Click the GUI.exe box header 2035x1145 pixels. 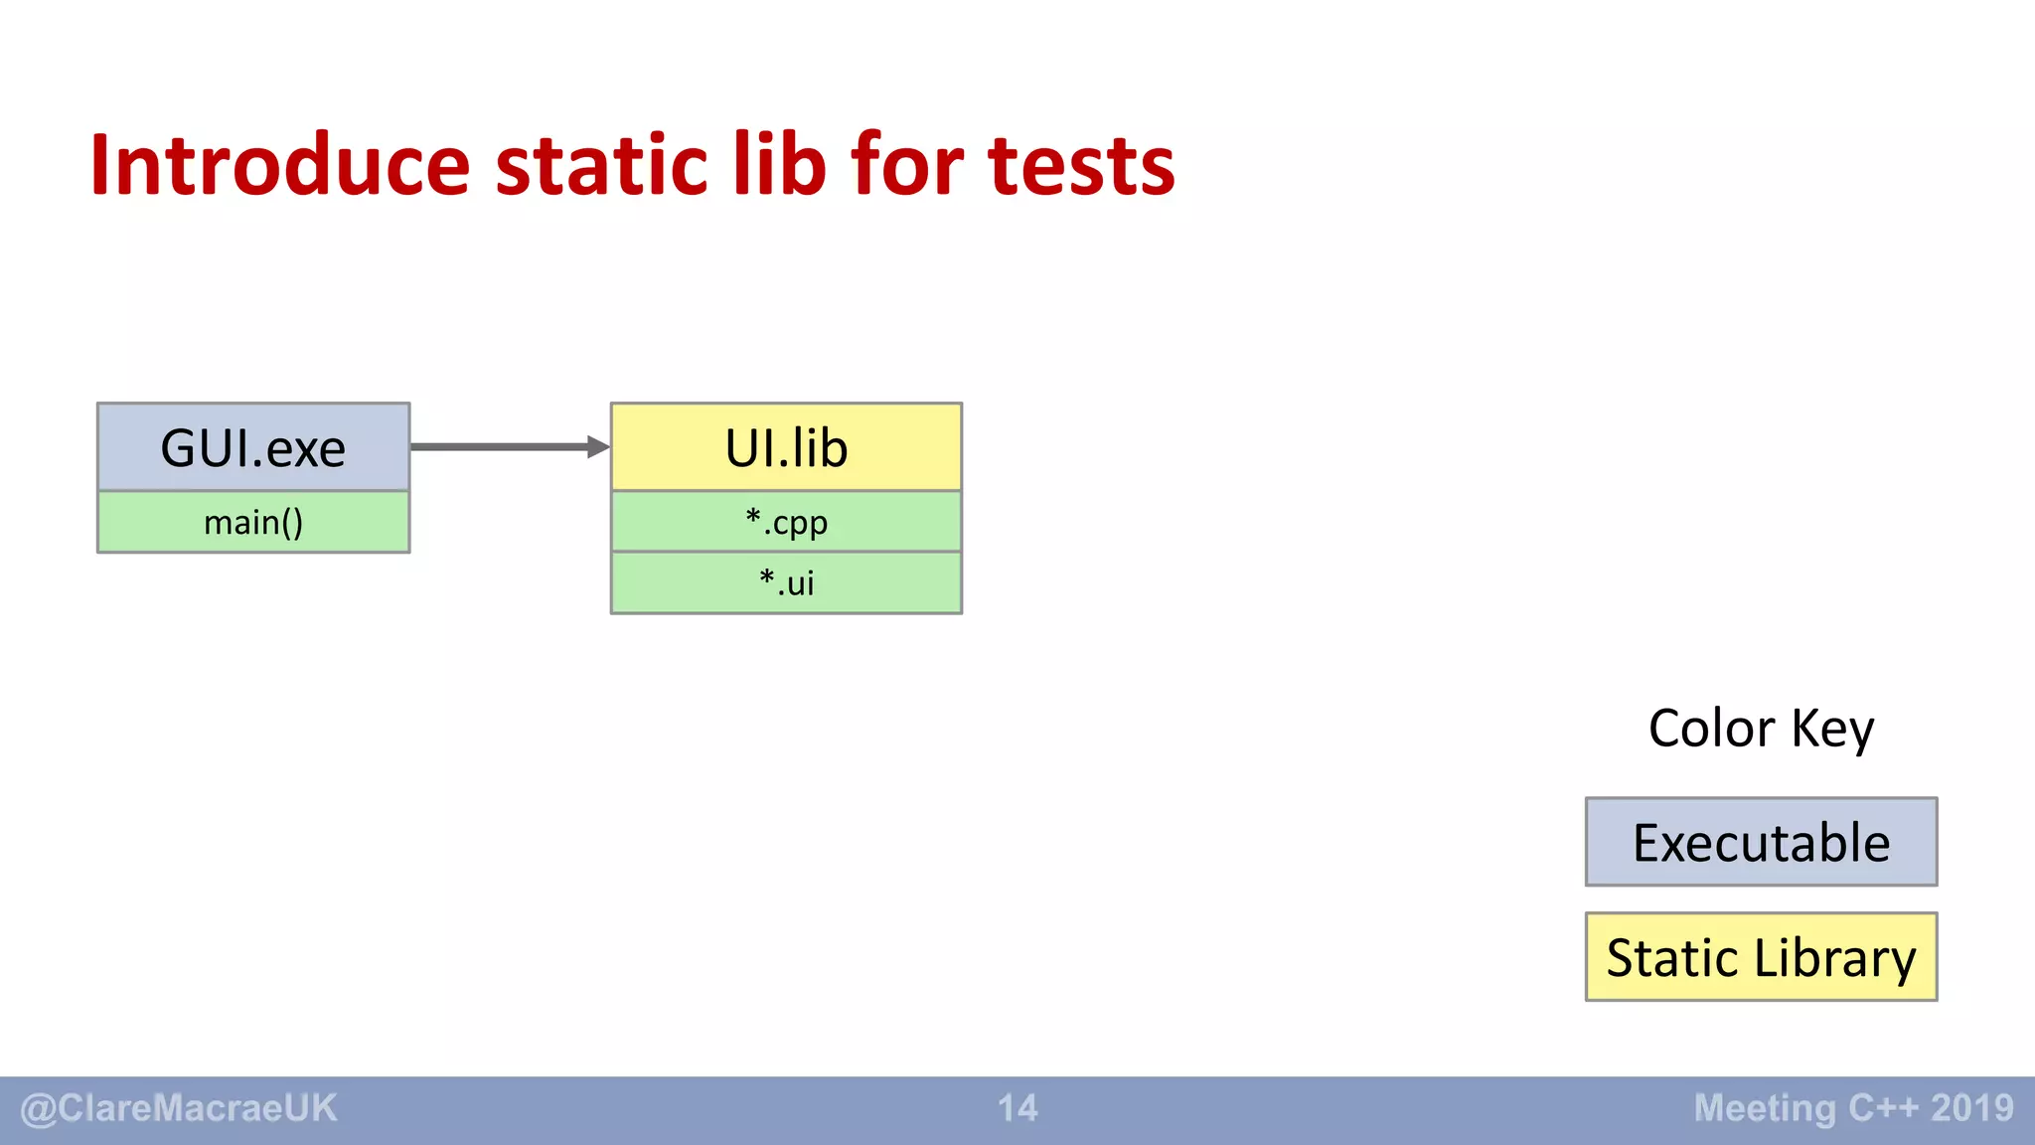[253, 447]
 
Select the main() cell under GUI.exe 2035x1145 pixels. [253, 522]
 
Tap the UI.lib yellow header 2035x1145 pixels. [786, 447]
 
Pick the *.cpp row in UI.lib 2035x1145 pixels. [786, 522]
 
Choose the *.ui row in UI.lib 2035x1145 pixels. [786, 582]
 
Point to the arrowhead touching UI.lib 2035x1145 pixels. [598, 447]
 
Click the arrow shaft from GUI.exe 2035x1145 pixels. [497, 447]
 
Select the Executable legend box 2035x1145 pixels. [1761, 842]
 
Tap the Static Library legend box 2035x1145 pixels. [1761, 957]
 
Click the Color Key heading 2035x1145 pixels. [1761, 728]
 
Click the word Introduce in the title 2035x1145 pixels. [279, 165]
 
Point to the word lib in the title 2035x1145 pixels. [779, 165]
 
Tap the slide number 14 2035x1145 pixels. [1017, 1108]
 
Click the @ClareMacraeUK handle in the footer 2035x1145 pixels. [179, 1108]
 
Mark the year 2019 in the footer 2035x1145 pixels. [1972, 1108]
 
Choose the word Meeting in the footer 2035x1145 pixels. [1765, 1108]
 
